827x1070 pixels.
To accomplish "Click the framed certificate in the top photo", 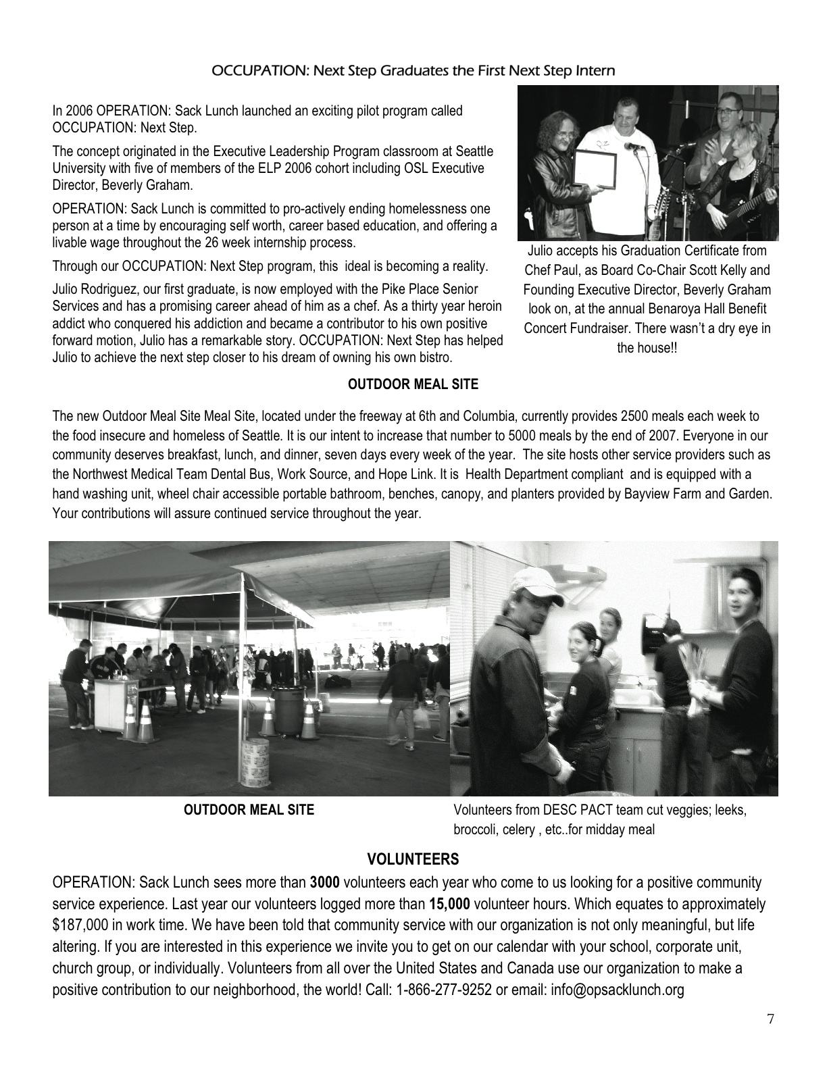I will (x=595, y=168).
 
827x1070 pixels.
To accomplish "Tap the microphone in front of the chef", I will (x=632, y=146).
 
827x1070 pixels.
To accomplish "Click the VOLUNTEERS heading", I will (x=413, y=859).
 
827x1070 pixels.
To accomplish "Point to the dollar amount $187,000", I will (x=80, y=925).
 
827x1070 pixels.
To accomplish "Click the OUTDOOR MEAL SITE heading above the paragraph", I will (x=413, y=384).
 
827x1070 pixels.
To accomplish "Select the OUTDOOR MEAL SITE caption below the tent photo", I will (x=249, y=809).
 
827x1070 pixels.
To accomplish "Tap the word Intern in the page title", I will (x=595, y=70).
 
